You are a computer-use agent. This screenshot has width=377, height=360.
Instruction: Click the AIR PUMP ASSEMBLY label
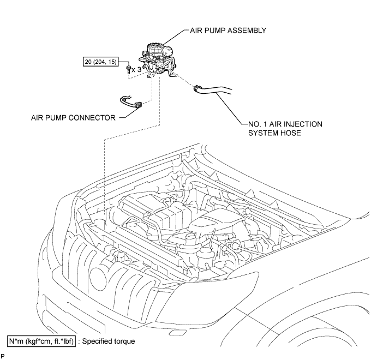228,31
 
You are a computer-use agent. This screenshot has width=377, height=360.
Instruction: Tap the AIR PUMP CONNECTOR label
73,118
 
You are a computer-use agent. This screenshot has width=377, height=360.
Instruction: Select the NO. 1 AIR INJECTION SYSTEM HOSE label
285,128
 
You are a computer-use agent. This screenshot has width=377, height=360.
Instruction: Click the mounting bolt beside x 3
128,69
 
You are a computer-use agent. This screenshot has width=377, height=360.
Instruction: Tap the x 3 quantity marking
136,70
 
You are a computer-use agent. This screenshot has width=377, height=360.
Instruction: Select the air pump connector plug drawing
138,105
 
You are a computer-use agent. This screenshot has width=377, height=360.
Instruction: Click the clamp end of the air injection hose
196,88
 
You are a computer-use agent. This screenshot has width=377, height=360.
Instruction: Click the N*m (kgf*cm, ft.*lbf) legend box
41,341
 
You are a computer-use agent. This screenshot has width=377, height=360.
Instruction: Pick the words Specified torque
109,341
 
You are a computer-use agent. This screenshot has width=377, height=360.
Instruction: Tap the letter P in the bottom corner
3,356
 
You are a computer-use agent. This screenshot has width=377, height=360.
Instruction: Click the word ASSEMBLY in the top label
247,31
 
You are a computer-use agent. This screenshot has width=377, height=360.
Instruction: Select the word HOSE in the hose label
291,133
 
